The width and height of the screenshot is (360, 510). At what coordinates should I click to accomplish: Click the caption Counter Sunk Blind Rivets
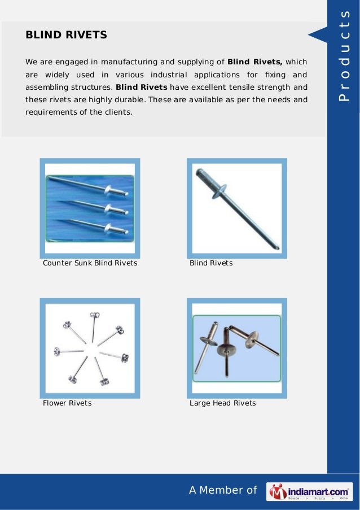[x=90, y=264]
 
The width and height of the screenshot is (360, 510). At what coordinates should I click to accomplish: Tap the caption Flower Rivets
[x=67, y=403]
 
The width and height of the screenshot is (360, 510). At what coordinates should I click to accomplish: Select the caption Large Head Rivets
[x=222, y=403]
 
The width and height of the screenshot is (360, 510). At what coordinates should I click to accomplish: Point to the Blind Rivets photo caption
[x=211, y=264]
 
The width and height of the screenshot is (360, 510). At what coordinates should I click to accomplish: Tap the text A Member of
[x=222, y=491]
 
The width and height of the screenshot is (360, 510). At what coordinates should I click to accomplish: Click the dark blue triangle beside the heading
[x=317, y=35]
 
